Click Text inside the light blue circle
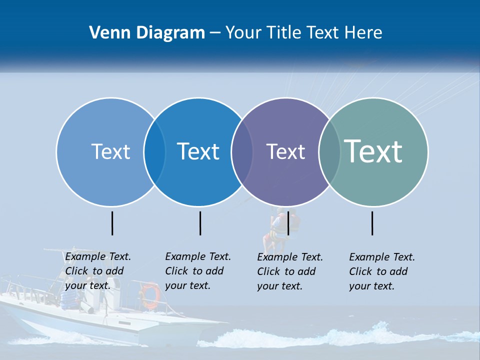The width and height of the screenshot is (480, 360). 110,151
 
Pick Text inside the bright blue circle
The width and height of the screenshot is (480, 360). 198,151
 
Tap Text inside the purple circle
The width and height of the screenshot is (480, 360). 285,151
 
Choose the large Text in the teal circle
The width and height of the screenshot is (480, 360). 373,151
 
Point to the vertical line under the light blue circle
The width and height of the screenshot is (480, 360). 112,223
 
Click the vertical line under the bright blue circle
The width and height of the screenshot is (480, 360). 200,223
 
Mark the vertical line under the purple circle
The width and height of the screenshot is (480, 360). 288,223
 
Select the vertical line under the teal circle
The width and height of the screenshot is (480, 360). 372,223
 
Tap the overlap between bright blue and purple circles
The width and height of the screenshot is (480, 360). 242,152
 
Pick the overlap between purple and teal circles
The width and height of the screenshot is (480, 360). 329,152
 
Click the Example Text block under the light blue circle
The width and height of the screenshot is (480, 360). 98,271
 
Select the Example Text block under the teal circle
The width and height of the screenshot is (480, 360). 382,271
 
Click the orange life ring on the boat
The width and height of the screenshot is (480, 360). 150,295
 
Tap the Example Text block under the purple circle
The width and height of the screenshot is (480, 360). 290,271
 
